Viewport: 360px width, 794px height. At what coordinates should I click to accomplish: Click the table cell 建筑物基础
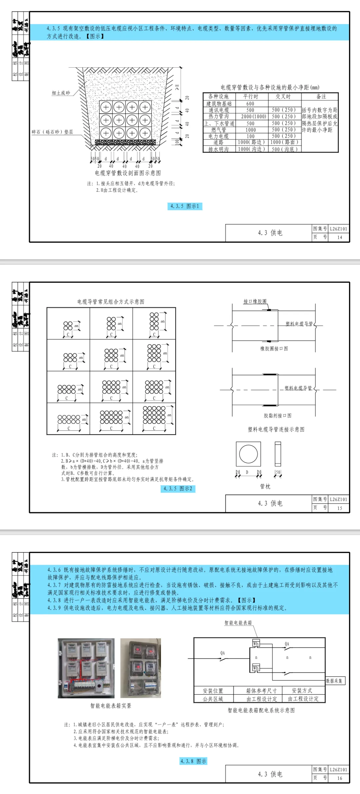(219, 104)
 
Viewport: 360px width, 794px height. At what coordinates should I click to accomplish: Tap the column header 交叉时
(283, 97)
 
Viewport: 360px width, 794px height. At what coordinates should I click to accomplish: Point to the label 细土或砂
(61, 93)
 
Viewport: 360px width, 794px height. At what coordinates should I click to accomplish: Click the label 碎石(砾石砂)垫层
(52, 132)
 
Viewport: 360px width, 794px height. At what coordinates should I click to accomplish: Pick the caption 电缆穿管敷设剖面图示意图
(128, 173)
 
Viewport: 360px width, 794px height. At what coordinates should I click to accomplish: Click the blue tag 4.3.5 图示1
(185, 206)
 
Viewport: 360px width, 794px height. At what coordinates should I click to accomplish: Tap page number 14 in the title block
(339, 237)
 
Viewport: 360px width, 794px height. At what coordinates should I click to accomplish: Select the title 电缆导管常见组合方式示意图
(111, 302)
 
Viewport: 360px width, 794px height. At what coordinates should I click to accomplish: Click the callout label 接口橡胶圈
(255, 301)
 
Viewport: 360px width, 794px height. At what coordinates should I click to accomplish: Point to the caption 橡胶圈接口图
(274, 349)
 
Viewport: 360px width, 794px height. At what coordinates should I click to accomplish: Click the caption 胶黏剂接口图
(277, 415)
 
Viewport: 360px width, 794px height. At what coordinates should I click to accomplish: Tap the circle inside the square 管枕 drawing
(248, 454)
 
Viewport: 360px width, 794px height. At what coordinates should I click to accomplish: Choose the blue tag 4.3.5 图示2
(178, 488)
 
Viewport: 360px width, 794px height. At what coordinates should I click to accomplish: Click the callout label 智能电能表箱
(238, 622)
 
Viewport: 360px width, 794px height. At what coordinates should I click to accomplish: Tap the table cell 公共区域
(213, 699)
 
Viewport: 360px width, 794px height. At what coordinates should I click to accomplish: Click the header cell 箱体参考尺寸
(261, 691)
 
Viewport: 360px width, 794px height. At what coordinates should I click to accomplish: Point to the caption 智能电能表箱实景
(111, 706)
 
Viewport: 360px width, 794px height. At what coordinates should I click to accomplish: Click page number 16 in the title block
(339, 778)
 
